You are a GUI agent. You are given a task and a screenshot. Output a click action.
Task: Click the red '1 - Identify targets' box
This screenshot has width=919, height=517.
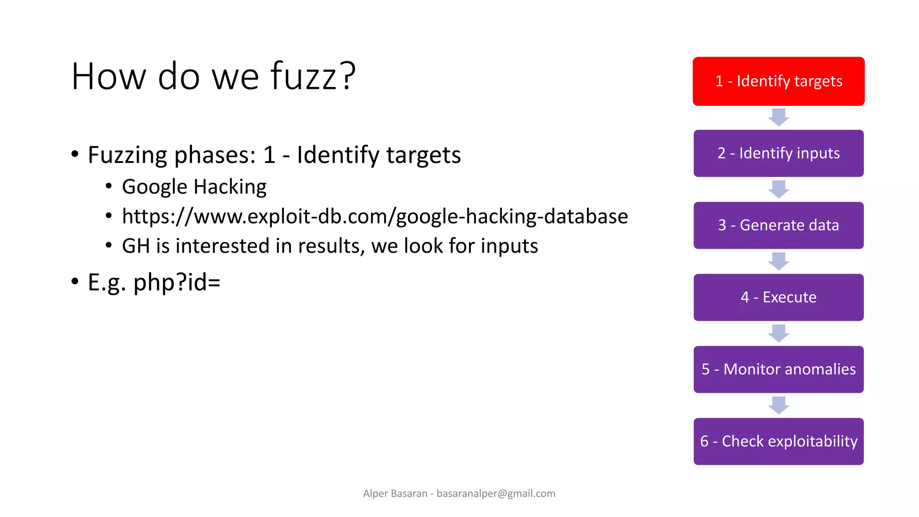coord(778,81)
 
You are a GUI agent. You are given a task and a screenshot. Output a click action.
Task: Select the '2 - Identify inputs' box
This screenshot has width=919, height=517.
coord(778,153)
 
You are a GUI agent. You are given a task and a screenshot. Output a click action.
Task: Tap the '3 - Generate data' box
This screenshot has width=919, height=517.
coord(778,225)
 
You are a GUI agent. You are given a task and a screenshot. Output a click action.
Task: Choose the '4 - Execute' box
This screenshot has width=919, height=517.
coord(778,297)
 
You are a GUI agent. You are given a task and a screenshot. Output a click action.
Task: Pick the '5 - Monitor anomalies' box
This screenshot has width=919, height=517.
coord(778,369)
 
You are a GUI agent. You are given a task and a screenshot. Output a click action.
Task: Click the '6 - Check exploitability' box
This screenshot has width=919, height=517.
coord(778,441)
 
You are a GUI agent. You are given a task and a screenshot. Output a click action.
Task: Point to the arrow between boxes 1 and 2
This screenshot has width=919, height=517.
coord(779,117)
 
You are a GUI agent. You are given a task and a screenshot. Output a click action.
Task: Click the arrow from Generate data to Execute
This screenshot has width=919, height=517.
coord(779,261)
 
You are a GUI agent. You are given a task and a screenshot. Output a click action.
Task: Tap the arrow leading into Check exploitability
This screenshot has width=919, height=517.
coord(779,405)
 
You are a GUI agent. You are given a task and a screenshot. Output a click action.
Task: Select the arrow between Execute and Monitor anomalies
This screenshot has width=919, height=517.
coord(779,333)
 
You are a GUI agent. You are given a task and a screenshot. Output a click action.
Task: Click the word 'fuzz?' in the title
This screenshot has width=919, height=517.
coord(313,76)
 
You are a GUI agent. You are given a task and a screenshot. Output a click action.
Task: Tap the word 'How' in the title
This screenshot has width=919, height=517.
coord(109,76)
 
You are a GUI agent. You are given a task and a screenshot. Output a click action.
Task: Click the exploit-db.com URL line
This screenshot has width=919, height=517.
coord(375,216)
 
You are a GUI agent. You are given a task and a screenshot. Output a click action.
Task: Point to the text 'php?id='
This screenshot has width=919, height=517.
coord(177,282)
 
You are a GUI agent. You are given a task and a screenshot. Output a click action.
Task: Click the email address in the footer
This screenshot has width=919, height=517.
coord(496,494)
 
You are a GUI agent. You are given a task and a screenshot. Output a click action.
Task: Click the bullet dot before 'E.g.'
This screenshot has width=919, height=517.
coord(75,282)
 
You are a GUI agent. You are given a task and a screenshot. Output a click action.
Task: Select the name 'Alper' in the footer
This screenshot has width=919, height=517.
coord(375,494)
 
